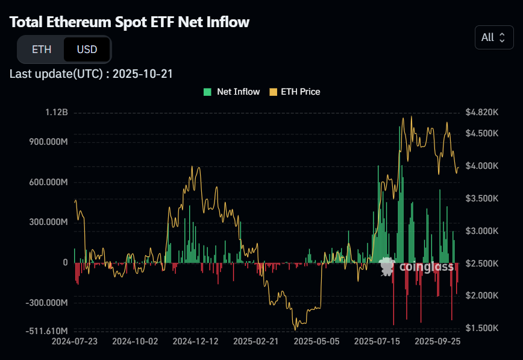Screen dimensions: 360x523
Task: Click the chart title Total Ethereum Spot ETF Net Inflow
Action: coord(130,22)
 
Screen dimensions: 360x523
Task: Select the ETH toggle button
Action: coord(42,49)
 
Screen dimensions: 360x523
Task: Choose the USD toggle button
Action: coord(87,49)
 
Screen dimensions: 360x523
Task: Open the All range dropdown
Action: coord(494,37)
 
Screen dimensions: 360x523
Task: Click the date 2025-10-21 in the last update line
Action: coord(144,74)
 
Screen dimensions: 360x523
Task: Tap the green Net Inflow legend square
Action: coord(207,92)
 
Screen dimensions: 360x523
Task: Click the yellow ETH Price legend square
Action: coord(274,92)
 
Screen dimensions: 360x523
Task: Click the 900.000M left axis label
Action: coord(48,142)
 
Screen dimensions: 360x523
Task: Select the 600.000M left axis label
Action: coord(48,182)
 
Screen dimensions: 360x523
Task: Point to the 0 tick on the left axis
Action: coord(65,262)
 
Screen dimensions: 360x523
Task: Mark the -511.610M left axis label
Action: coord(46,331)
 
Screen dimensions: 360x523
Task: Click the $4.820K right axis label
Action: coord(482,113)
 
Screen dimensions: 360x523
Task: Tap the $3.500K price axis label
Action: coord(482,198)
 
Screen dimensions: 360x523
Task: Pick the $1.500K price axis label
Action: coord(482,328)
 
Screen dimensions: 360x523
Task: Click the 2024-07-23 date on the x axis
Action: coord(75,341)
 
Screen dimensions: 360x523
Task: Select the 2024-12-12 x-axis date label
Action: coord(195,341)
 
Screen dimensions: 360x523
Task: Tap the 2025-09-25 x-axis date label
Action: coord(437,341)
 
